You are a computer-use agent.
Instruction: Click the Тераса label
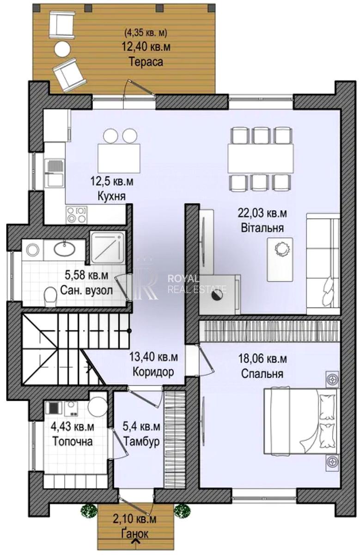coord(146,62)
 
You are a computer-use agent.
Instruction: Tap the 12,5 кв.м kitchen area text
coord(112,182)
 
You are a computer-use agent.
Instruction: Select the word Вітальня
coord(262,228)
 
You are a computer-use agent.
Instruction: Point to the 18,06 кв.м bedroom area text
coord(262,358)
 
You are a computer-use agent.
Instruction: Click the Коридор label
coord(153,372)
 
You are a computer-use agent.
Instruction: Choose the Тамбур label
coord(141,442)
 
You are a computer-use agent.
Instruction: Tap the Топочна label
coord(73,442)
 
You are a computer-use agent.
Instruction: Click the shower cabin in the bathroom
coord(107,247)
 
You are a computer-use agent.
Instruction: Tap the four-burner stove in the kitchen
coord(77,214)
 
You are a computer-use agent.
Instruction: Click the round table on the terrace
coord(62,49)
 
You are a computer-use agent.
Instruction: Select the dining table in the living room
coord(261,158)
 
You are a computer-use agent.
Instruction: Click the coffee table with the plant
coord(280,259)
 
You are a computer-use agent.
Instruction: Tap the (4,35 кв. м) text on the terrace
coord(146,32)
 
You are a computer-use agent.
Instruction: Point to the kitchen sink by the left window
coord(55,173)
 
